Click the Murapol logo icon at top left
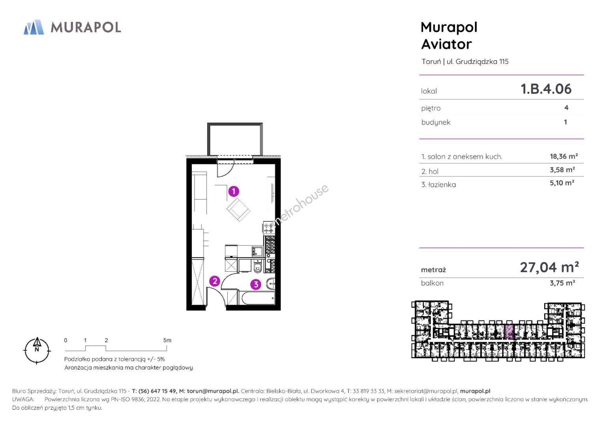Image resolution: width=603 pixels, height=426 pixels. pyautogui.click(x=34, y=27)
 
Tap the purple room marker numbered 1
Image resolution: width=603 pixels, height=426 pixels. pyautogui.click(x=234, y=191)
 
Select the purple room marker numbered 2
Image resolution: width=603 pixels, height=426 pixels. pyautogui.click(x=215, y=281)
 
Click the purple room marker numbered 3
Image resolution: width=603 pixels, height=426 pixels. pyautogui.click(x=256, y=284)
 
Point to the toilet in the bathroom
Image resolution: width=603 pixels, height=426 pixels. pyautogui.click(x=258, y=266)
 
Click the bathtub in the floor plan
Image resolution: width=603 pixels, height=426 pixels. pyautogui.click(x=258, y=298)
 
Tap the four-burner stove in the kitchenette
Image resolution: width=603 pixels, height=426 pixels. pyautogui.click(x=269, y=228)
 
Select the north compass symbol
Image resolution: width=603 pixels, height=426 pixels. pyautogui.click(x=37, y=350)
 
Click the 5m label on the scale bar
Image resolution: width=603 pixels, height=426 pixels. pyautogui.click(x=167, y=340)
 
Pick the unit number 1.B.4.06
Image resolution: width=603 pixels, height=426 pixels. pyautogui.click(x=546, y=89)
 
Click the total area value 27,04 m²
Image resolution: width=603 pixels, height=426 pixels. pyautogui.click(x=549, y=267)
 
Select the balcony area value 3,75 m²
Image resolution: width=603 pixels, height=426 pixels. pyautogui.click(x=562, y=283)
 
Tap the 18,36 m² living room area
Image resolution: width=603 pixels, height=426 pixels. pyautogui.click(x=564, y=156)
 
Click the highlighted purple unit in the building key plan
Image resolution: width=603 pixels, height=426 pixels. pyautogui.click(x=509, y=332)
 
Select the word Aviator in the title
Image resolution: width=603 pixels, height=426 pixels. pyautogui.click(x=446, y=44)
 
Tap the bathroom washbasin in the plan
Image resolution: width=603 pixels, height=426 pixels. pyautogui.click(x=271, y=283)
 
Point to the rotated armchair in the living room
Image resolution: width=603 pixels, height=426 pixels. pyautogui.click(x=238, y=210)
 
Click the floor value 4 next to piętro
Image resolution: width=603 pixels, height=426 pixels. pyautogui.click(x=566, y=108)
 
